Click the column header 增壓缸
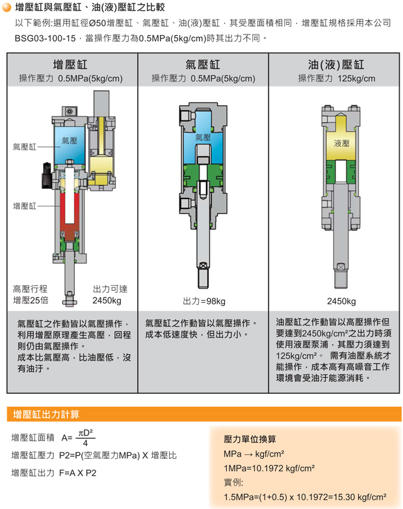[70, 64]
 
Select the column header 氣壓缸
[203, 64]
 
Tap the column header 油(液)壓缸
[336, 64]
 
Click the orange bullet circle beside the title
[6, 7]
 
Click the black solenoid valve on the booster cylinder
[46, 175]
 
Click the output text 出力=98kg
[204, 301]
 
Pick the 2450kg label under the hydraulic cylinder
[341, 301]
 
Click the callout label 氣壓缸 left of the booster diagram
[24, 147]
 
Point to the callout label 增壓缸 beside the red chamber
[24, 206]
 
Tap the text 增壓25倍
[31, 300]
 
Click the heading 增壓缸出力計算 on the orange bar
[46, 414]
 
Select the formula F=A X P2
[77, 473]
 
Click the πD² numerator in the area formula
[86, 433]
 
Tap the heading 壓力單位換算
[250, 439]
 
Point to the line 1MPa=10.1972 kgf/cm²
[269, 468]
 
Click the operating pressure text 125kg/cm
[356, 79]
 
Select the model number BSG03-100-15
[45, 38]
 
